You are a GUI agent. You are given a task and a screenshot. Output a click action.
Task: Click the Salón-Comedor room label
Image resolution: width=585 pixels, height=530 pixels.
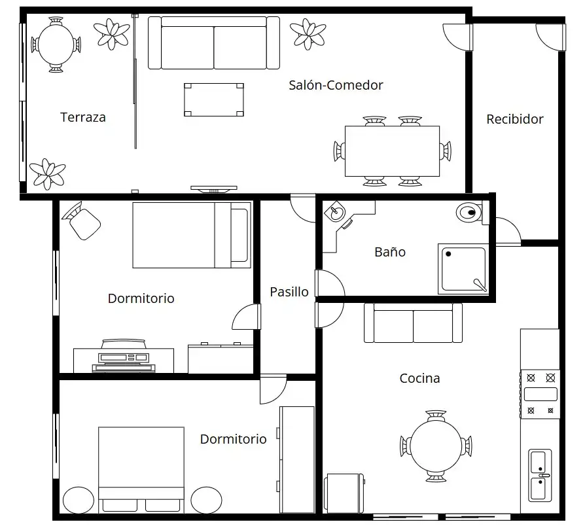[x=336, y=86]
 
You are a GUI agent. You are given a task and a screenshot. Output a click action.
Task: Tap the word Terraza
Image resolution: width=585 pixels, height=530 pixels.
[x=83, y=118]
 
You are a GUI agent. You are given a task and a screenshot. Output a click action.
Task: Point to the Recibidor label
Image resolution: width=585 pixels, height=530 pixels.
[x=515, y=119]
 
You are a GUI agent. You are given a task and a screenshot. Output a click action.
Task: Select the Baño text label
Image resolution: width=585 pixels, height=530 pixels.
[x=390, y=252]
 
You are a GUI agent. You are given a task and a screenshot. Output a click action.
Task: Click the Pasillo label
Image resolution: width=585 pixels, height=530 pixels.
[x=289, y=292]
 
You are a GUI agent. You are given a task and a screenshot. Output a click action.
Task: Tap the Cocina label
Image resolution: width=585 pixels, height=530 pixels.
[x=419, y=378]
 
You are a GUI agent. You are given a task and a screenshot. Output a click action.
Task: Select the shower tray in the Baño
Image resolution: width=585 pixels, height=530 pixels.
[x=463, y=269]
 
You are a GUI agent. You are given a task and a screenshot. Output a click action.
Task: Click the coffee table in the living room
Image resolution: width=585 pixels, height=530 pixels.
[x=214, y=99]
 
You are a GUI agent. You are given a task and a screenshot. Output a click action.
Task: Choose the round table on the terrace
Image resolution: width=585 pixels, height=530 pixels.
[x=56, y=44]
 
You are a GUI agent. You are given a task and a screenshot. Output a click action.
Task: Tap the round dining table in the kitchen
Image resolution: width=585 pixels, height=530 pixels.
[x=436, y=446]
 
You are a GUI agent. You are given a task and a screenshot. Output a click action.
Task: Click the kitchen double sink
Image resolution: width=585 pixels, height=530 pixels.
[x=540, y=476]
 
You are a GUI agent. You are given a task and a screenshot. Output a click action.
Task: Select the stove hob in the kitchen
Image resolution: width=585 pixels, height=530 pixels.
[x=541, y=395]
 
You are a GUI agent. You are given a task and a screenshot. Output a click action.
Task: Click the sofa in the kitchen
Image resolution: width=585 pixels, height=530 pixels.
[x=413, y=323]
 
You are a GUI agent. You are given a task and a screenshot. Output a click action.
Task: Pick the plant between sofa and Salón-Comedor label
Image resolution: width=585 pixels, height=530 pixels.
[x=308, y=34]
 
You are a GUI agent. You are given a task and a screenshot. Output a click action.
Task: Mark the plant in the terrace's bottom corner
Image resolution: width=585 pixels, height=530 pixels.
[x=47, y=174]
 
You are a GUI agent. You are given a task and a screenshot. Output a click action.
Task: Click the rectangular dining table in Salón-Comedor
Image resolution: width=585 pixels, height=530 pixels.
[x=392, y=151]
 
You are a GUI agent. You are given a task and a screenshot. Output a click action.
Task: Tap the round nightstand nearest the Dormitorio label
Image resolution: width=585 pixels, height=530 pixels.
[x=206, y=500]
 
